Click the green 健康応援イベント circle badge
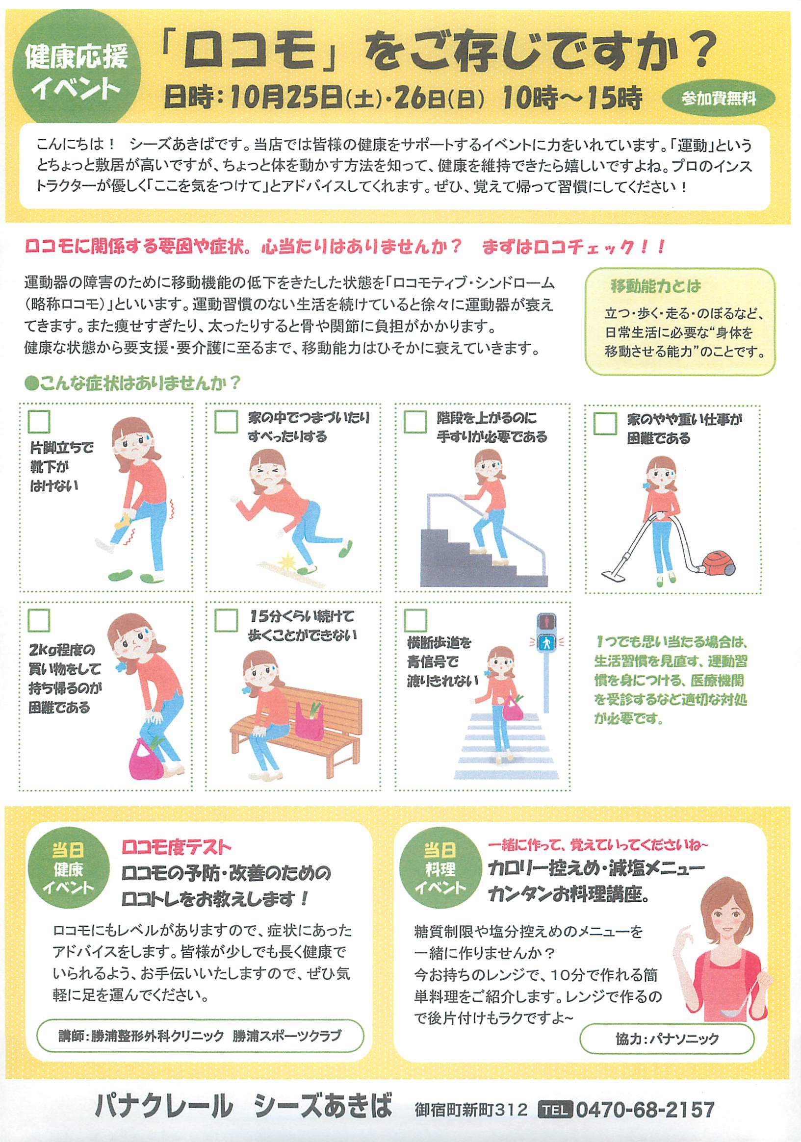[75, 73]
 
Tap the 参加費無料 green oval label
[719, 100]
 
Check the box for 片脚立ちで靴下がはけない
[39, 422]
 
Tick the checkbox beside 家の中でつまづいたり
[226, 422]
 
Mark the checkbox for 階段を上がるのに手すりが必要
[415, 422]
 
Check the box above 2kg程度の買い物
[39, 620]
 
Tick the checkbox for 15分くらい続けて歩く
[226, 620]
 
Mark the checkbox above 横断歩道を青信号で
[415, 620]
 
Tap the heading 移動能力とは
[656, 286]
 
